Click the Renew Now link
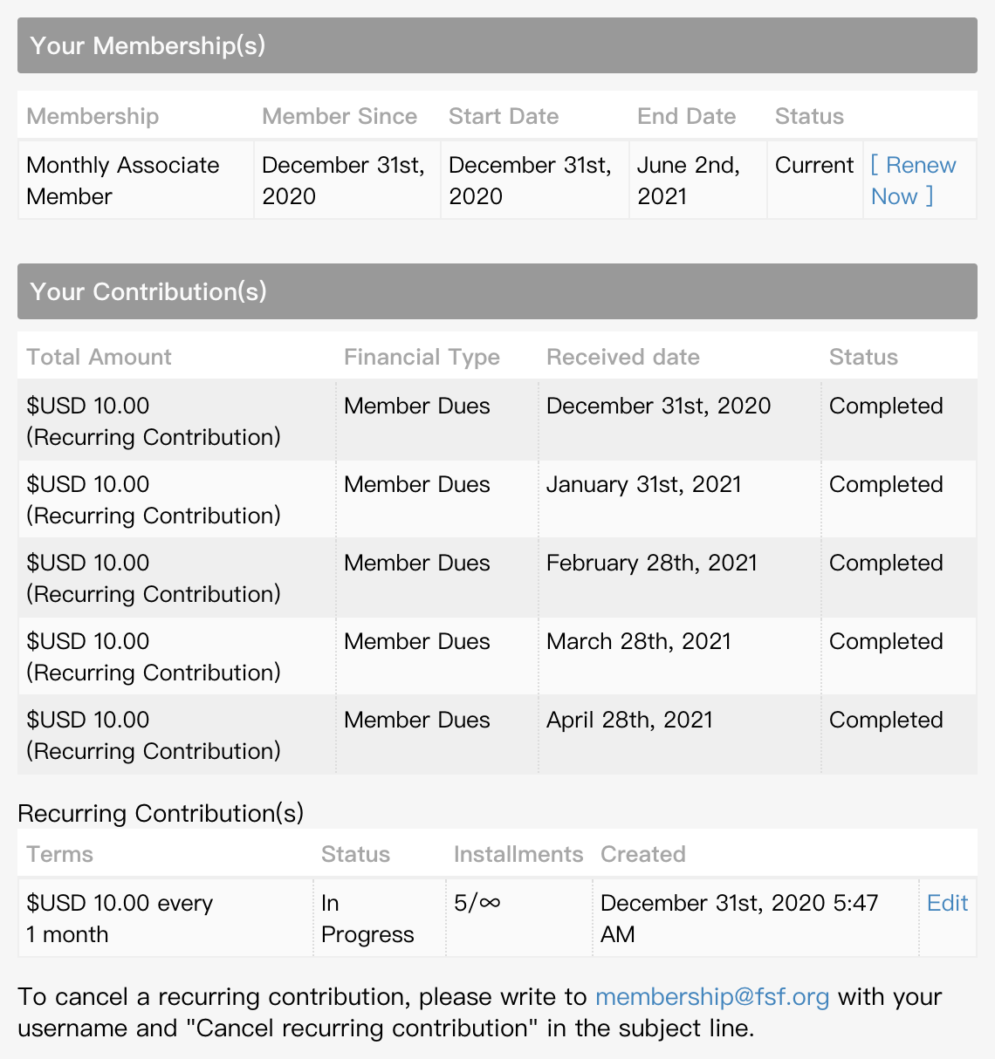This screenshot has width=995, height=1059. pos(913,180)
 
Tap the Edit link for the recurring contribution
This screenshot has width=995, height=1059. pos(947,903)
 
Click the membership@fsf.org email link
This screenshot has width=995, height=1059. pos(712,996)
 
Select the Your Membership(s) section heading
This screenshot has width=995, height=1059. pos(148,45)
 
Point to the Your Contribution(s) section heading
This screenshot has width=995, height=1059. pos(148,291)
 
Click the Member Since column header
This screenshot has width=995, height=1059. pos(340,116)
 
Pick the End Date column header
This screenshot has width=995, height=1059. pos(686,116)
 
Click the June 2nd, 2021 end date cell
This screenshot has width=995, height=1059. pos(688,180)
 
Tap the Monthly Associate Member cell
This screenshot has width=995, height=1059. pos(123,180)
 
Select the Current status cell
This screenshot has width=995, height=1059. pos(814,165)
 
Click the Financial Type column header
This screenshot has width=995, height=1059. pos(422,357)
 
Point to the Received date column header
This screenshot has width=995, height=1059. pos(622,357)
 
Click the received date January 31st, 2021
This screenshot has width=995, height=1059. pos(643,484)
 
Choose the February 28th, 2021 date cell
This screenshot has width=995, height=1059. pos(651,563)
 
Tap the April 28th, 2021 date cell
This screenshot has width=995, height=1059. pos(629,720)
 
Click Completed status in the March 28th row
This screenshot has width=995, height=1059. pos(886,641)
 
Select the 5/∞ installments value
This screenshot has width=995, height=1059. pos(477,903)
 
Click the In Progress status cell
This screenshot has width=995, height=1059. pos(367,918)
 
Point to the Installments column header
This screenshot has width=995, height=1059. pos(518,854)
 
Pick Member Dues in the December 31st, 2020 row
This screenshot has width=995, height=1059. pos(416,406)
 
